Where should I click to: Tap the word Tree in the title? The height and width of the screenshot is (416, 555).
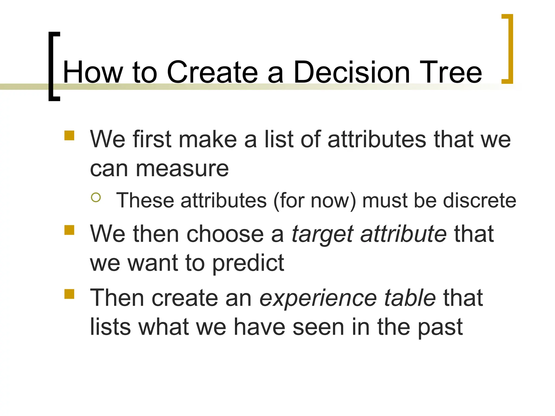(450, 72)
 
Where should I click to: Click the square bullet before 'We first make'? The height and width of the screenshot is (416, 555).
(69, 136)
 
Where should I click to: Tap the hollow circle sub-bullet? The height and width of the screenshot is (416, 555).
(96, 197)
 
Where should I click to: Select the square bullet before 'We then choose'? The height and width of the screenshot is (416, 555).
(69, 230)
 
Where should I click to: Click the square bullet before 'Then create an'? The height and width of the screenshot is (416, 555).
(69, 294)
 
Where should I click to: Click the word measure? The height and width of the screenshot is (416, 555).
(182, 169)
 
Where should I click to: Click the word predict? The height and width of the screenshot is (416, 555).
(248, 264)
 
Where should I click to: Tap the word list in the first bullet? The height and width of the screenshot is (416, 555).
(279, 139)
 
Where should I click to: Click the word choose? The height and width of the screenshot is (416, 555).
(225, 234)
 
